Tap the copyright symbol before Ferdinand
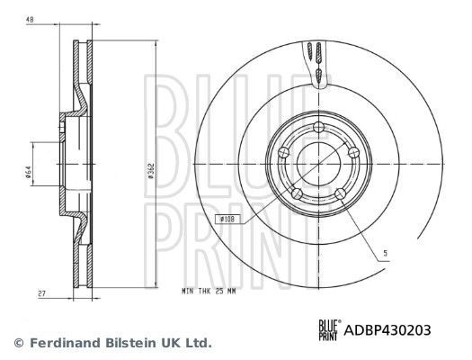[x=19, y=343]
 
